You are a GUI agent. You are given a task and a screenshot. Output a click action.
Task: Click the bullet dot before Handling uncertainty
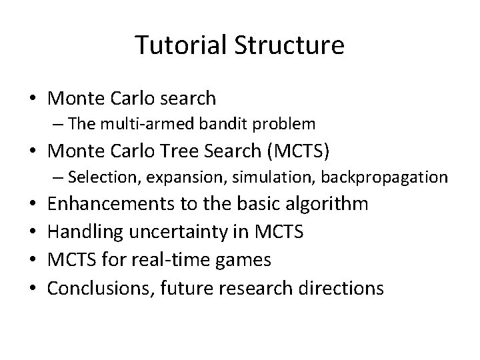[x=32, y=232]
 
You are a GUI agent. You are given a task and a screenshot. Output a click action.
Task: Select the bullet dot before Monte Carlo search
[x=32, y=99]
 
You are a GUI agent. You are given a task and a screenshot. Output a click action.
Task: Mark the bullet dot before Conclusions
[x=32, y=288]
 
